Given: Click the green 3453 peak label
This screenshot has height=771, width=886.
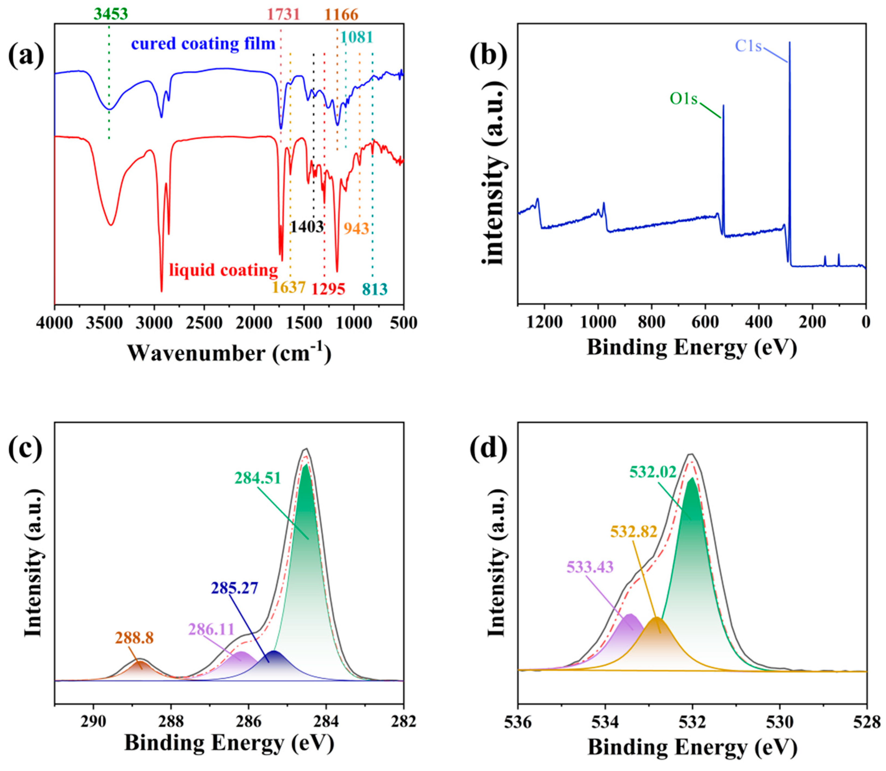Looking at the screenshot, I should tap(111, 14).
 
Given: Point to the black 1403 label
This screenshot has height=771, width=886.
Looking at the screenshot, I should tap(306, 226).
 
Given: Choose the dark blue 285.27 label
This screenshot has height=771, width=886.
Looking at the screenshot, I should tap(235, 588).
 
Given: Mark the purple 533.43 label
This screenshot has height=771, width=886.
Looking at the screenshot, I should tap(590, 567).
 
